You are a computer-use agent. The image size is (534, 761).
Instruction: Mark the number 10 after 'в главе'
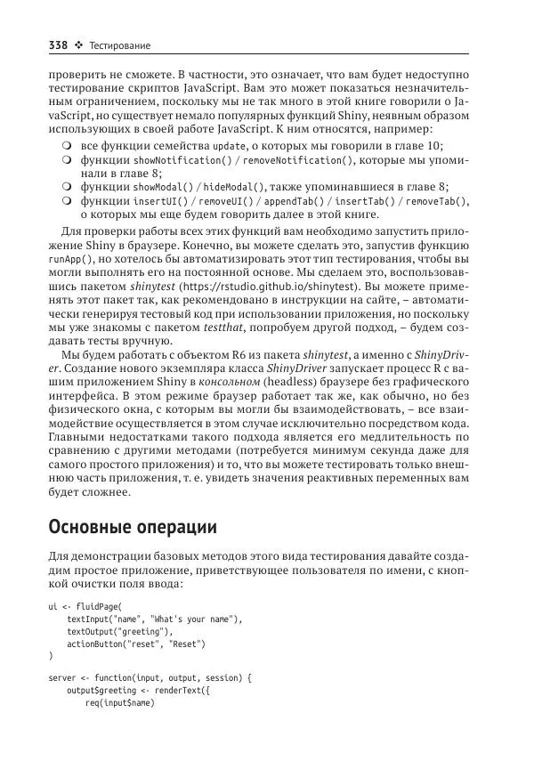433,146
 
